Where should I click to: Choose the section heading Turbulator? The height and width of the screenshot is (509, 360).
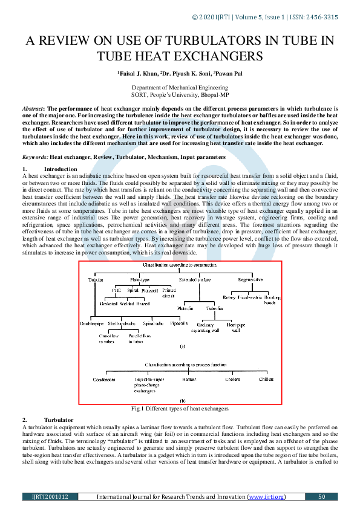58,420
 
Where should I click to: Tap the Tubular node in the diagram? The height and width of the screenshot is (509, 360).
96,280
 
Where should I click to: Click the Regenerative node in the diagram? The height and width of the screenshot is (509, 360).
250,280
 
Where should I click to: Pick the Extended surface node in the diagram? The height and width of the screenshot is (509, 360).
195,280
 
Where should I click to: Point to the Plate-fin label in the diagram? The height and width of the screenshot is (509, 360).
185,308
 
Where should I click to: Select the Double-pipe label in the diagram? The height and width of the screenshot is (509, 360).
92,323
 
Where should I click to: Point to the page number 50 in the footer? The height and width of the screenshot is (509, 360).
322,497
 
